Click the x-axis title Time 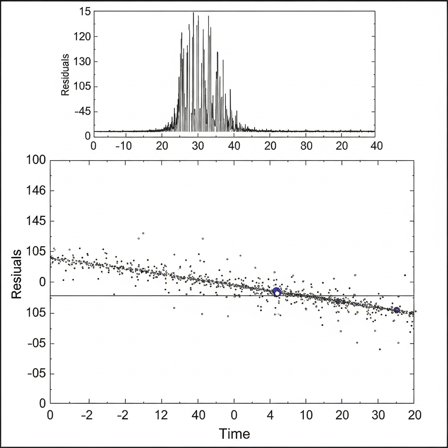[234, 434]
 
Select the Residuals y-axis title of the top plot [65, 75]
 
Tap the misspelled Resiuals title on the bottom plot [17, 274]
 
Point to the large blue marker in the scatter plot [276, 291]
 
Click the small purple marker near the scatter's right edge [396, 310]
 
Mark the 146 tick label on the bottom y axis [36, 191]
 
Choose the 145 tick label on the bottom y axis [36, 221]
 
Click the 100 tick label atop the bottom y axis [36, 160]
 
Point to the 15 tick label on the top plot [85, 12]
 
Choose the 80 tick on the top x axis [307, 146]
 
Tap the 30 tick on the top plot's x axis [198, 146]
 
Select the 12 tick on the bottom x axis [162, 415]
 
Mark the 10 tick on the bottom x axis [306, 415]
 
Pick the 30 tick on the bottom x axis [378, 415]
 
